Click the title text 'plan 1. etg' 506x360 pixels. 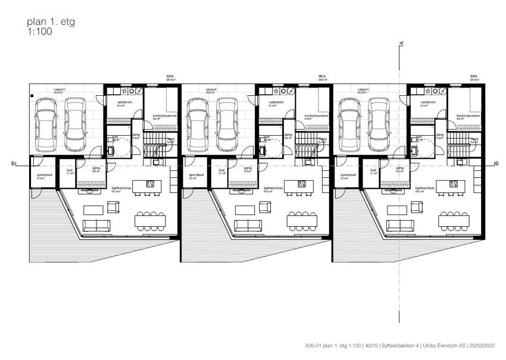(51, 22)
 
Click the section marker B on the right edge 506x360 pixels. (496, 162)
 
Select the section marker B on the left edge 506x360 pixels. (13, 162)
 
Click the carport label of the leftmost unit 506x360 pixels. (59, 90)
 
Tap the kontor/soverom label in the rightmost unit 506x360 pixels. (467, 115)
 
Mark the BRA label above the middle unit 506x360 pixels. (322, 77)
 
